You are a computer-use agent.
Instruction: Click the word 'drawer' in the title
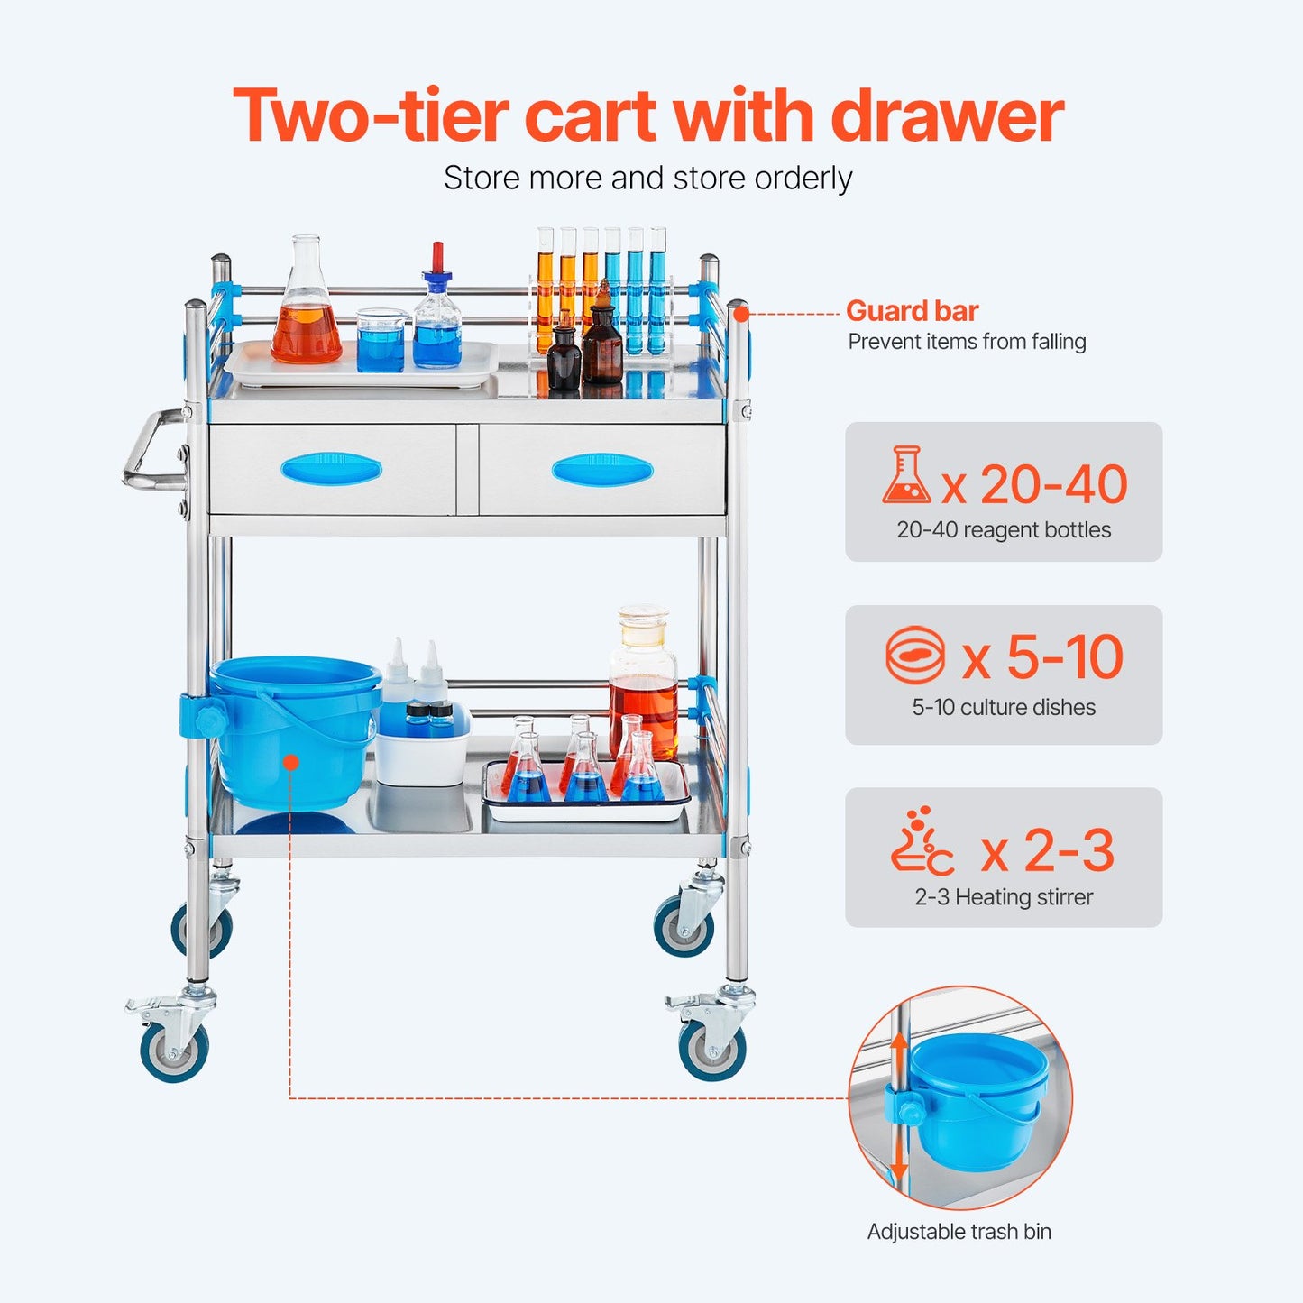947,117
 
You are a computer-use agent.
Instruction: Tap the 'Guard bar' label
912,311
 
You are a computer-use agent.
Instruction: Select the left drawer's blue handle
331,469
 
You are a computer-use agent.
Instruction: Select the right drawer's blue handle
601,470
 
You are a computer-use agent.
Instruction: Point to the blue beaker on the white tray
381,343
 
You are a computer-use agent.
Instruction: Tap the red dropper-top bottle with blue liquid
437,316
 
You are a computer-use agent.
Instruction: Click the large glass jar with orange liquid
643,685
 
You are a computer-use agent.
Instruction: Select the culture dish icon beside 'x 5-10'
915,656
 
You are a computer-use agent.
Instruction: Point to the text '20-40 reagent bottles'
1004,530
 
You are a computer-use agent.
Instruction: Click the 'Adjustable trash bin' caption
959,1232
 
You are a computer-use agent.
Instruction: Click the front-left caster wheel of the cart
174,1051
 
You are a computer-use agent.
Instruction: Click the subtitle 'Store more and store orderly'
647,179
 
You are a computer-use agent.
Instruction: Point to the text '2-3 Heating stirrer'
1004,897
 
